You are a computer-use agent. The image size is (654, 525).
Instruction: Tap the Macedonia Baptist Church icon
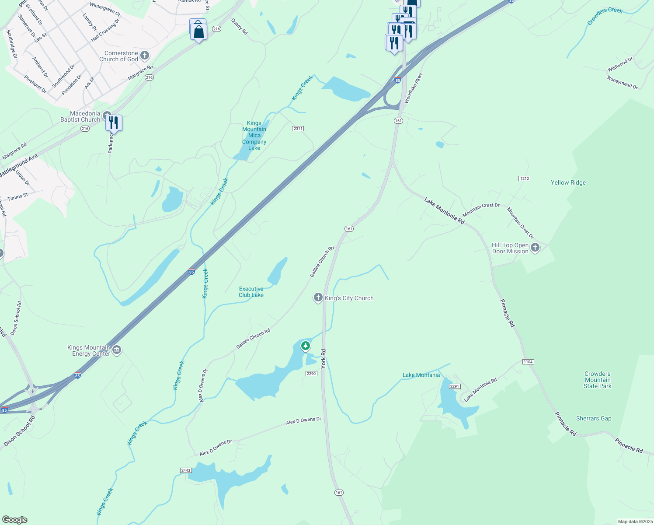click(107, 115)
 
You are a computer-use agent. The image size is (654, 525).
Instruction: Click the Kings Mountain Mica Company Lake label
click(254, 136)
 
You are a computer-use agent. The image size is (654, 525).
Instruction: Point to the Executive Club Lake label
click(251, 292)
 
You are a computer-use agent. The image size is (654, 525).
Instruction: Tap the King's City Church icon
click(318, 298)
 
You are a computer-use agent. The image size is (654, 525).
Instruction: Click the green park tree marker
click(305, 346)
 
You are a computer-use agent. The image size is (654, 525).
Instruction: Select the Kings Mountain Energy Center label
click(89, 350)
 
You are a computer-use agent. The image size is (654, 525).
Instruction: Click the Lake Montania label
click(421, 375)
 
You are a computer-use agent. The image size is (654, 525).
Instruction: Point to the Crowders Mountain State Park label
click(597, 380)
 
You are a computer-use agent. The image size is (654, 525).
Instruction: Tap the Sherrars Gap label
click(593, 419)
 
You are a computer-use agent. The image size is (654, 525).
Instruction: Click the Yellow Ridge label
click(568, 183)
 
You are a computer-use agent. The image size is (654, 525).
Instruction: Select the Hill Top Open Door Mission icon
click(535, 248)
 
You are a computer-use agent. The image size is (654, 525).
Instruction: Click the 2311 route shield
click(298, 129)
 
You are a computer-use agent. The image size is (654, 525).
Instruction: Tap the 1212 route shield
click(524, 178)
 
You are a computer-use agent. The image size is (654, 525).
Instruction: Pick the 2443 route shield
click(186, 470)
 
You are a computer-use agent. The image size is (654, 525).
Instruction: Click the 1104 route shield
click(528, 362)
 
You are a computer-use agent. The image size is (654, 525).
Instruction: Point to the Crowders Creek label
click(605, 16)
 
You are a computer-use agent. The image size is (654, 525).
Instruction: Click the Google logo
click(14, 519)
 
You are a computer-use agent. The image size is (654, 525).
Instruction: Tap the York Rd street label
click(324, 359)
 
